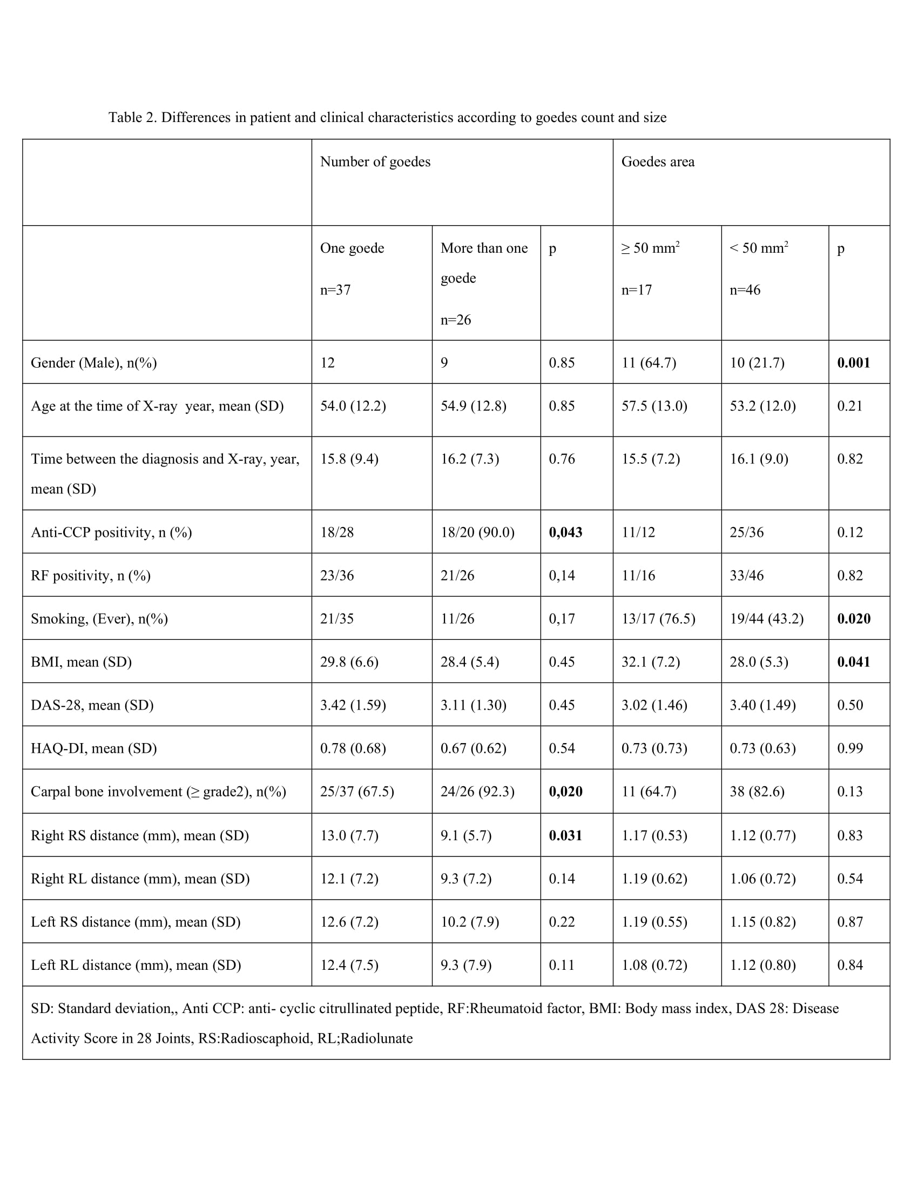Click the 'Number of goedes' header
[375, 161]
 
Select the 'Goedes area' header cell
[658, 161]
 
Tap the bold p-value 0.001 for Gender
[853, 363]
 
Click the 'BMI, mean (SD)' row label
[81, 662]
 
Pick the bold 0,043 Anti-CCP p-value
[565, 532]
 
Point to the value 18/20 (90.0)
[477, 532]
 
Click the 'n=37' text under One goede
[335, 290]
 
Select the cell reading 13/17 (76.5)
[658, 618]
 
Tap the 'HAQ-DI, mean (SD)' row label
[93, 748]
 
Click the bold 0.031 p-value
[565, 835]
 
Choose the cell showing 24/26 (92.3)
[477, 792]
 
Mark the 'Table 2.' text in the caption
[132, 118]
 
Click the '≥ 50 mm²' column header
[651, 248]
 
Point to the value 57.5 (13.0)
[654, 406]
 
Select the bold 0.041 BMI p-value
[853, 662]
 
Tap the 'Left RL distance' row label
[136, 965]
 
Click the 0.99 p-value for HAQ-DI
[849, 748]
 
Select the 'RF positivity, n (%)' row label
[90, 576]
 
